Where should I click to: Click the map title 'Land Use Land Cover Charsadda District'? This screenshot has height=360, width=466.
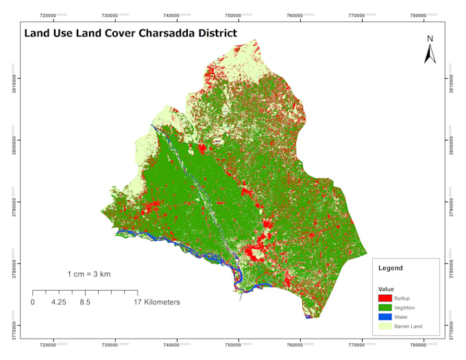coord(130,33)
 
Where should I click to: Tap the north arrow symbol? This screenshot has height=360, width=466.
coord(430,50)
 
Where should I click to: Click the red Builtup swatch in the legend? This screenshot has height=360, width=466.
coord(385,298)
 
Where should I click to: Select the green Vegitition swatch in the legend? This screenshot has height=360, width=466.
coord(385,307)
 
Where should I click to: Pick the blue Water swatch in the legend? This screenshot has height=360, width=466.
coord(385,317)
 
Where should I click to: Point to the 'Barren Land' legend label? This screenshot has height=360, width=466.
coord(408,327)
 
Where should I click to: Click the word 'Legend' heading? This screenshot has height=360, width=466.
coord(391,268)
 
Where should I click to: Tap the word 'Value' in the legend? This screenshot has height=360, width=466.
coord(385,289)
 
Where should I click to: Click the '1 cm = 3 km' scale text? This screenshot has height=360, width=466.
coord(89,274)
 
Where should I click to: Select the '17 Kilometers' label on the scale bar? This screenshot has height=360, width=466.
coord(157,302)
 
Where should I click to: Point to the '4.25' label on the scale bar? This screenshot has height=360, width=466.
coord(58,302)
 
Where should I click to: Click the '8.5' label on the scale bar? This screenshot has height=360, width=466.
coord(85,302)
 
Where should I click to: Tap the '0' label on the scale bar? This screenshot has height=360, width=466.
coord(32,302)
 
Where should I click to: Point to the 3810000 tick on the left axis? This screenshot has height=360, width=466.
coord(14,78)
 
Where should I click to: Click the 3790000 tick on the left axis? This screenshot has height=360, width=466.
coord(14,202)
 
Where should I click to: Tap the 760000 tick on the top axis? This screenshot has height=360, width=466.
coord(295,14)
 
